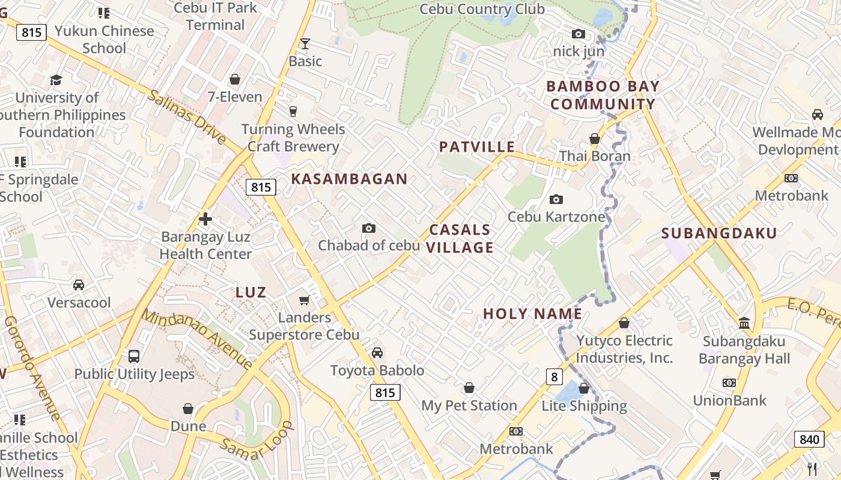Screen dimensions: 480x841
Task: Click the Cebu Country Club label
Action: click(x=482, y=10)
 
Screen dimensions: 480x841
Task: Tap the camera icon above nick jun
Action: click(x=578, y=34)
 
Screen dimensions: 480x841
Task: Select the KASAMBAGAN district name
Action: click(x=350, y=179)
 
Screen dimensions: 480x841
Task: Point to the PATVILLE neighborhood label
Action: click(x=477, y=147)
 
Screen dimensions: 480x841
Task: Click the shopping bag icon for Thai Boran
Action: click(x=595, y=139)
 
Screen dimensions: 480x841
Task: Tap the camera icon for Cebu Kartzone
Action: click(x=556, y=199)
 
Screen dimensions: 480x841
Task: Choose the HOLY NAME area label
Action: click(x=532, y=314)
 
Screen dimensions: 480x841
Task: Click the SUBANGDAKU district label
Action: click(x=719, y=233)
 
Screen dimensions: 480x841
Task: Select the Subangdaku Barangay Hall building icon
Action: click(x=744, y=323)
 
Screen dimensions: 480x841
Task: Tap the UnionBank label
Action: click(x=730, y=400)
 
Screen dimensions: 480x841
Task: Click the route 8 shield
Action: click(x=554, y=377)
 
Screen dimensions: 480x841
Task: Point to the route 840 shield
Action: click(x=809, y=439)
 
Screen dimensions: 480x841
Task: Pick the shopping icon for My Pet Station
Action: click(x=469, y=388)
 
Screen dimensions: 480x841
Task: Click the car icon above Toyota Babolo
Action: click(x=377, y=353)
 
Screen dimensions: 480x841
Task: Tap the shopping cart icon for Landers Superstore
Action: click(x=305, y=300)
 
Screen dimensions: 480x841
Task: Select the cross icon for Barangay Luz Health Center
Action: click(x=205, y=219)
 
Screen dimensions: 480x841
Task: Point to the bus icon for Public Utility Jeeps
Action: click(x=134, y=356)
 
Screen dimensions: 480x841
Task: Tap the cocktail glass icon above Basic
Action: click(x=305, y=43)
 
